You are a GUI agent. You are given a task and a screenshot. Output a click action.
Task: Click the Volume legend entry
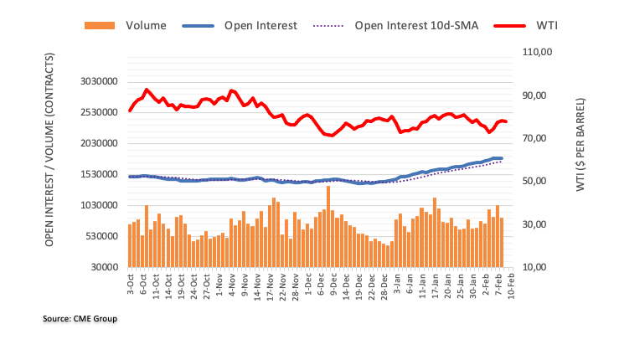(146, 25)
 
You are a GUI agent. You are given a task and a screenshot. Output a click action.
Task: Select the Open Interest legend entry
(260, 25)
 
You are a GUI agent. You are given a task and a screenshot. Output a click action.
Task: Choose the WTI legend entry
(544, 25)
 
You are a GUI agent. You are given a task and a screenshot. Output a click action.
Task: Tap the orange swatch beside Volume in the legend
(101, 25)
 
